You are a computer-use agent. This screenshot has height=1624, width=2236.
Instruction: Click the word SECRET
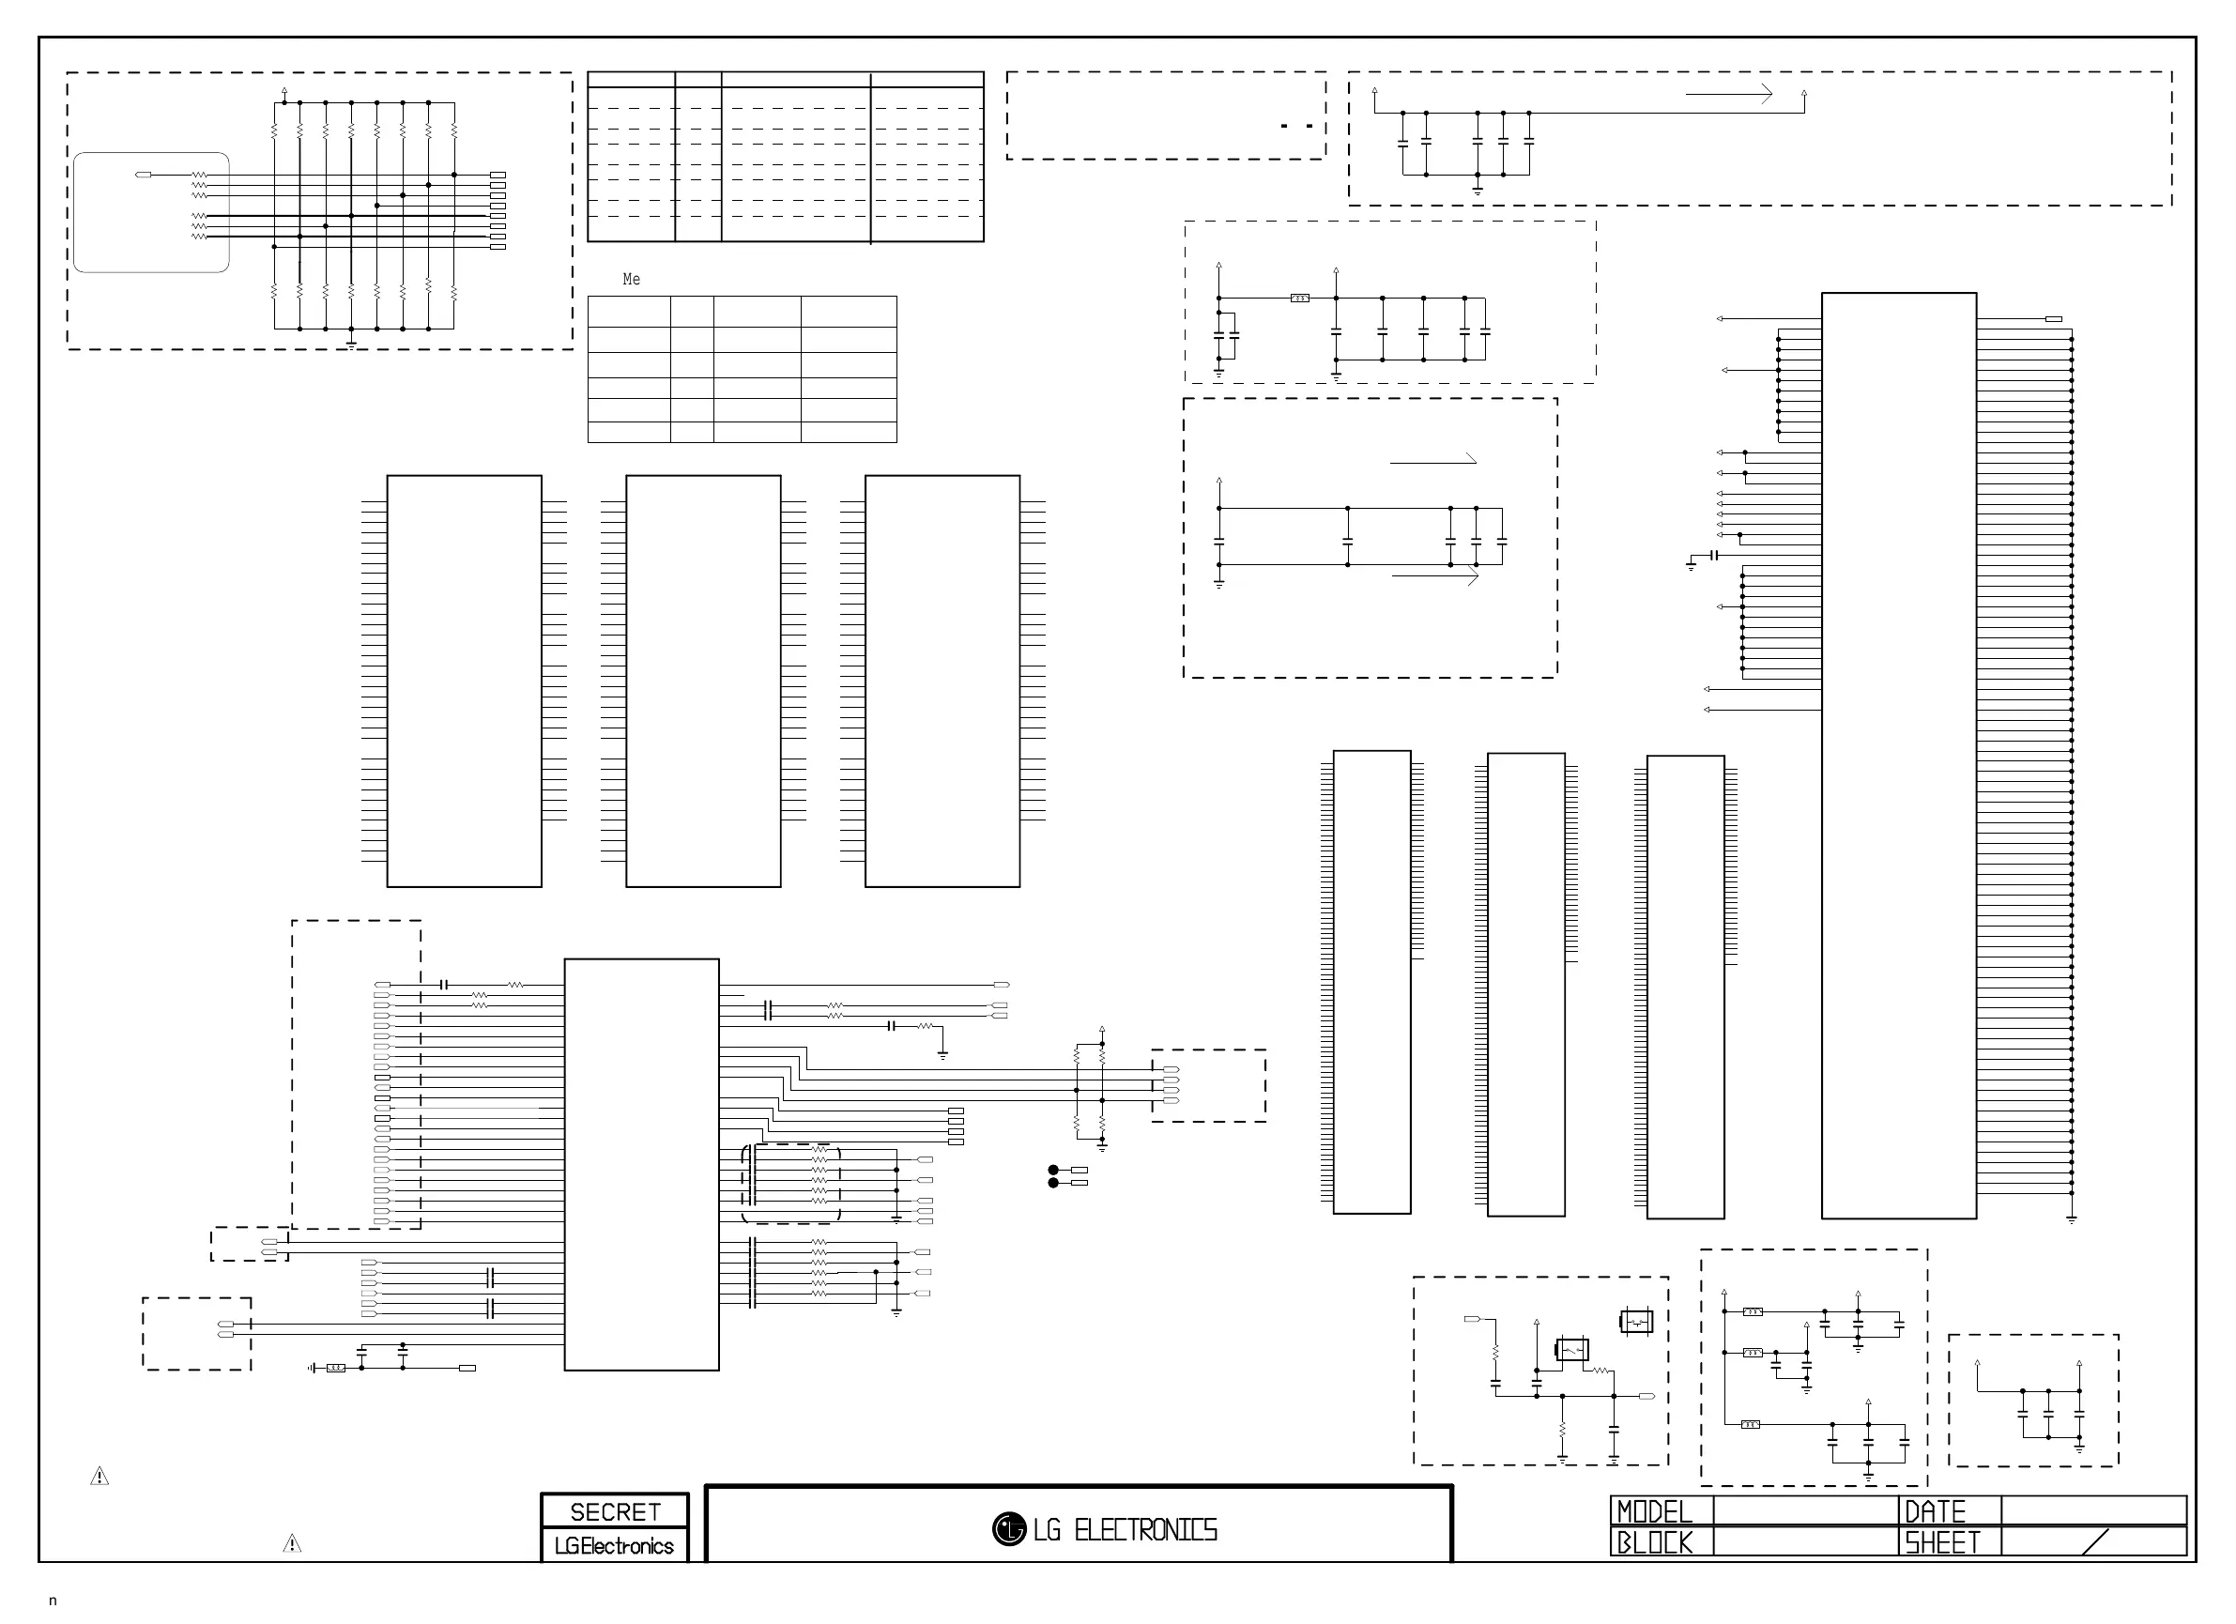click(x=614, y=1510)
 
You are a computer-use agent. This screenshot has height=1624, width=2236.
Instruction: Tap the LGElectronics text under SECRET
click(x=613, y=1545)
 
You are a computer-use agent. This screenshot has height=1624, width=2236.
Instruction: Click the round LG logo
click(x=1008, y=1528)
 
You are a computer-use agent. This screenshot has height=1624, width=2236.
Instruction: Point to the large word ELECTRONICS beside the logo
click(x=1145, y=1529)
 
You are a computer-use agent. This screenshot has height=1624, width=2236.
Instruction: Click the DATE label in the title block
click(x=1935, y=1510)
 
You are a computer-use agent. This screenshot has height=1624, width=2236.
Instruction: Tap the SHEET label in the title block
click(x=1941, y=1541)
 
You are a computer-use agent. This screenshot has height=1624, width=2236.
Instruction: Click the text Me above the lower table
click(x=631, y=280)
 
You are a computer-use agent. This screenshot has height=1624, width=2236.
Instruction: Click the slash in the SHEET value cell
click(x=2095, y=1541)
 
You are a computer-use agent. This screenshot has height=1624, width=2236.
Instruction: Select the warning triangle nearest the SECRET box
click(x=292, y=1543)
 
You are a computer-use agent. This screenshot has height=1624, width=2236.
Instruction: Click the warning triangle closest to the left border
click(x=100, y=1476)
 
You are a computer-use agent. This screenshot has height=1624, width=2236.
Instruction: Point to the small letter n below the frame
click(x=54, y=1601)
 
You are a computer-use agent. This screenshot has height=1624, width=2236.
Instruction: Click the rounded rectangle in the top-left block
click(x=151, y=212)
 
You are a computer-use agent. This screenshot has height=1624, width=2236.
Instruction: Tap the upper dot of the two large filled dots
click(x=1053, y=1170)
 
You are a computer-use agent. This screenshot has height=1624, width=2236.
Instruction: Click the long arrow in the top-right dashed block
click(x=1728, y=95)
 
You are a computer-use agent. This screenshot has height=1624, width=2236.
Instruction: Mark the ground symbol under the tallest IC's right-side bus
click(x=2072, y=1220)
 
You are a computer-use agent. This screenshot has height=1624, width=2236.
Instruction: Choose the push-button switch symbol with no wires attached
click(x=1635, y=1320)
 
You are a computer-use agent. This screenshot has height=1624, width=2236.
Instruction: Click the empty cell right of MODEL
click(x=1805, y=1510)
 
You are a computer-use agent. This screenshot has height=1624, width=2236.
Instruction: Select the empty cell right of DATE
click(x=2093, y=1510)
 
